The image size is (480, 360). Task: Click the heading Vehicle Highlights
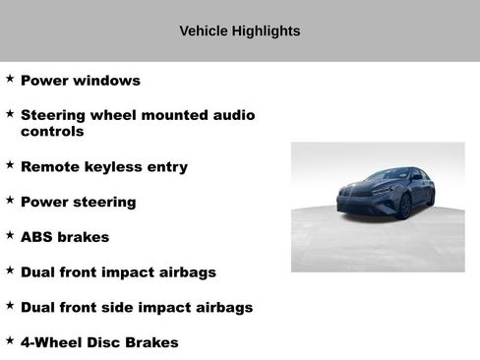pos(240,31)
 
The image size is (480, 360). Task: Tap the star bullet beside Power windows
pos(10,78)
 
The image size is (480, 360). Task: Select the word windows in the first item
pos(105,81)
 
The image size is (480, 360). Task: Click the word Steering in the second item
pos(56,115)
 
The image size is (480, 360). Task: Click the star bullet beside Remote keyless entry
pos(10,164)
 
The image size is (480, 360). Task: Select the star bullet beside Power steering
pos(10,200)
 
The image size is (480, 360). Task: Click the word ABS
pos(36,237)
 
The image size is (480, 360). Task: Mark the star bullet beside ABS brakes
pos(10,235)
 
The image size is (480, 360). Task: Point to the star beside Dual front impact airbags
pos(10,270)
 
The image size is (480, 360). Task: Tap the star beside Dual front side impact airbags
pos(10,305)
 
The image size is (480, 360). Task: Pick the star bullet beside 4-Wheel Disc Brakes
pos(10,340)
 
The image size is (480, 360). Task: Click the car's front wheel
pos(404,206)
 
